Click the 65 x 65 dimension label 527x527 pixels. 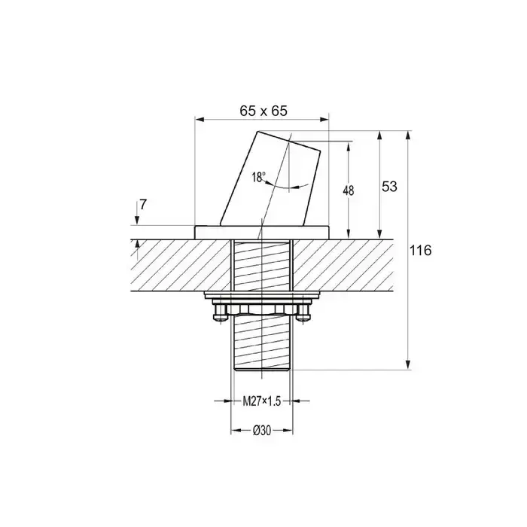pos(263,111)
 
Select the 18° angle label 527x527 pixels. pos(258,177)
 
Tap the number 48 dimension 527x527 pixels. pos(349,190)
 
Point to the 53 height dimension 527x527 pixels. pos(389,186)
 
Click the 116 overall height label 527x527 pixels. pos(420,251)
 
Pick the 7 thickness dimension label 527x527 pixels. pos(143,204)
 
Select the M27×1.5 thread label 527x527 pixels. pos(261,401)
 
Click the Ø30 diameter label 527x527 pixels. pos(262,431)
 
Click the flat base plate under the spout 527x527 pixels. pos(261,232)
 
